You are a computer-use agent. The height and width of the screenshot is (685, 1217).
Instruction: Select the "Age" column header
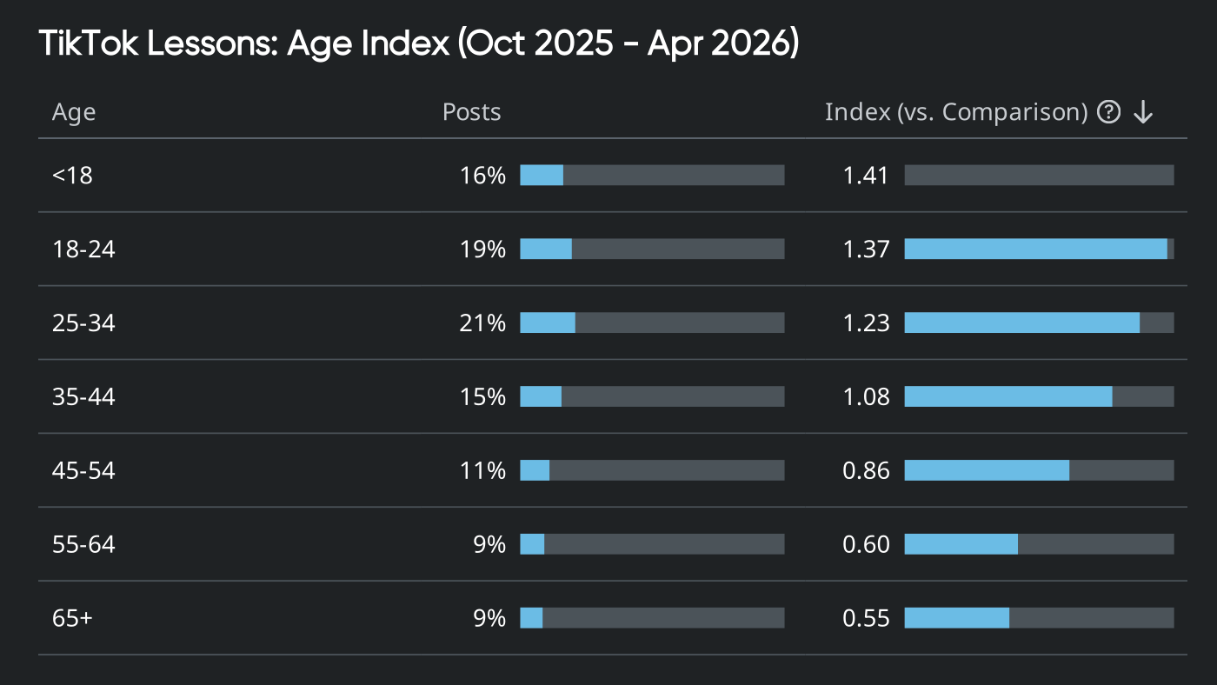(74, 112)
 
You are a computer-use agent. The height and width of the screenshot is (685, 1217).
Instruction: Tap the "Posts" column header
(471, 112)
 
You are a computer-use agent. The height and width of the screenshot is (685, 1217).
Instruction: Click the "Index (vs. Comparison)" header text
(956, 112)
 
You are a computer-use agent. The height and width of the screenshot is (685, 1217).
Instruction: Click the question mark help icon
(1108, 112)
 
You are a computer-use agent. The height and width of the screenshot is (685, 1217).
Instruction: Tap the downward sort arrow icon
(1143, 112)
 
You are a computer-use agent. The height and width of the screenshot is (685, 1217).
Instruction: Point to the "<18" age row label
(72, 176)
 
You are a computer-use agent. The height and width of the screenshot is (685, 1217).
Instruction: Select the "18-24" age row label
(83, 249)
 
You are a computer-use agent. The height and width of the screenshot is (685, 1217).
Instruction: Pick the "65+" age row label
(72, 618)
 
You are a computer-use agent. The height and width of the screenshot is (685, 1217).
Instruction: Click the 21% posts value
(482, 323)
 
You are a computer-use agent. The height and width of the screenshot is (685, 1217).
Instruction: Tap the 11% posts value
(482, 471)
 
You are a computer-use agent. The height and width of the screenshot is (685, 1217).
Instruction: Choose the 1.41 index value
(866, 176)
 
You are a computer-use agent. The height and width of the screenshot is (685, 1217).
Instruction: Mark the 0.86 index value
(866, 471)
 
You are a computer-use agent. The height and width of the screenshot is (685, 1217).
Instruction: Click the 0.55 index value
(866, 618)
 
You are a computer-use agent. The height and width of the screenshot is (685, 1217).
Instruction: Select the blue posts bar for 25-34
(548, 323)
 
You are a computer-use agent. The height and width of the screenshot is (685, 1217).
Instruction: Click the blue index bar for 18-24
(1035, 249)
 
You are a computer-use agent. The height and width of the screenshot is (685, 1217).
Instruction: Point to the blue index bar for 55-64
(961, 544)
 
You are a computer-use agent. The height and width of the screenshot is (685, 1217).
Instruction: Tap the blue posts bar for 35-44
(541, 397)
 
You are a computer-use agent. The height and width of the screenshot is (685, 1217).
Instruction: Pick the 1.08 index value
(866, 397)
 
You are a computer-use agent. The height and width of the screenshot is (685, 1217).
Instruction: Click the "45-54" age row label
(83, 471)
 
